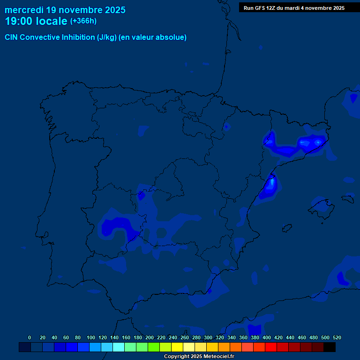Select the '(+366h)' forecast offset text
[83, 21]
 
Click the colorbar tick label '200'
[150, 337]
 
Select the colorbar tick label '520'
[337, 337]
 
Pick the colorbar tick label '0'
[30, 337]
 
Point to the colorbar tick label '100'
[91, 337]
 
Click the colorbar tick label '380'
[255, 337]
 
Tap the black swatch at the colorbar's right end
[330, 347]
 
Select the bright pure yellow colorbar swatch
[177, 347]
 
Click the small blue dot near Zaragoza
[226, 126]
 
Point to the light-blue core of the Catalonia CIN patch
[317, 142]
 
